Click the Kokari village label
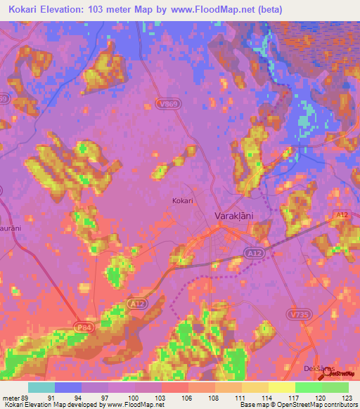[183, 200]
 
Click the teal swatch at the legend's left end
[41, 387]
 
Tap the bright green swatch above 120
[309, 387]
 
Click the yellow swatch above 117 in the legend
[282, 387]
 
